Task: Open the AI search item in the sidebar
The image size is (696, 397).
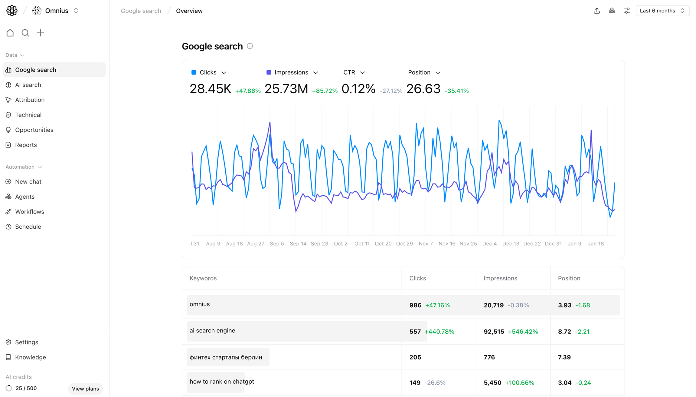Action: [28, 85]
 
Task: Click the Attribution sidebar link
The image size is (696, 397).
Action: [30, 100]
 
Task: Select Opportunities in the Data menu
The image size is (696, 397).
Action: [34, 130]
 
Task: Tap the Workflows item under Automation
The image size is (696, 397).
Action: [30, 212]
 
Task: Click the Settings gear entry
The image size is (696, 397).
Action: [27, 342]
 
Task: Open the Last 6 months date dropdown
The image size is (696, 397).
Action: [662, 11]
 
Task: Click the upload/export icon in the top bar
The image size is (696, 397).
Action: [596, 11]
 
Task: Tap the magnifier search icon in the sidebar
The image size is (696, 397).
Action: [25, 33]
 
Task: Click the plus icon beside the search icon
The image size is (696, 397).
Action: [41, 33]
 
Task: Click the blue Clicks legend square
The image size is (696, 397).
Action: [194, 72]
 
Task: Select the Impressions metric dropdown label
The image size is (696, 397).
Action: [291, 72]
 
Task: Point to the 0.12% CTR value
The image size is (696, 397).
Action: [358, 89]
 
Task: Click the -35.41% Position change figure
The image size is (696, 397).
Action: [456, 91]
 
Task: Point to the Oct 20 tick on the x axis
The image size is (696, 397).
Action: [383, 244]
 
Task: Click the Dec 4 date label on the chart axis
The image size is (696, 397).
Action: [489, 244]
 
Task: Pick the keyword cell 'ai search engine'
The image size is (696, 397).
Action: [212, 331]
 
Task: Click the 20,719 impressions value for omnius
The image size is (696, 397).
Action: [494, 305]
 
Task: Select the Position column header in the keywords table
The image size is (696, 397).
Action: [569, 278]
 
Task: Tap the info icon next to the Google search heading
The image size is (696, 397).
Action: [250, 46]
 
